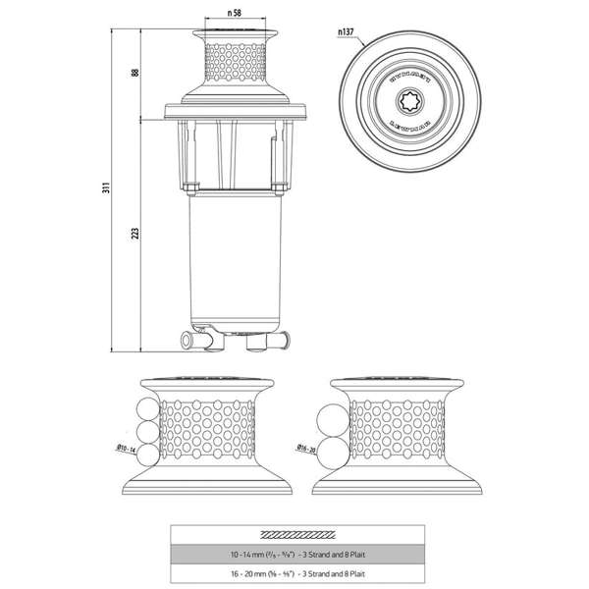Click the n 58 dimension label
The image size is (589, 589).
click(x=234, y=14)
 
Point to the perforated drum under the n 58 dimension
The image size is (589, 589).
click(x=234, y=64)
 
